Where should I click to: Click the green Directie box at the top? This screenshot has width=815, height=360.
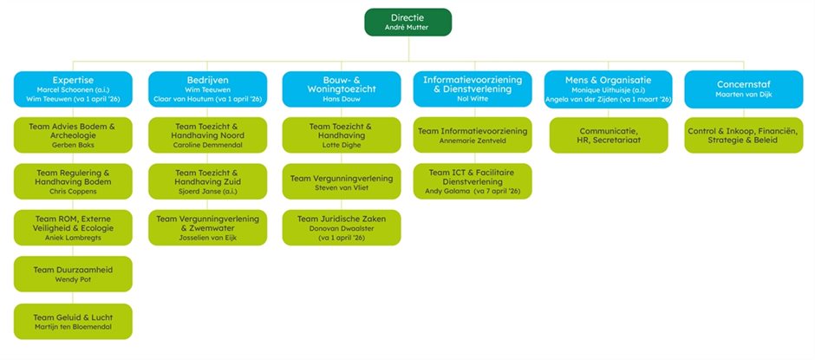pos(407,22)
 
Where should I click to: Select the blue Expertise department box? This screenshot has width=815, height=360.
pos(73,88)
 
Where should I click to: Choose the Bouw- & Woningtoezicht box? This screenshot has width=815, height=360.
pos(341,88)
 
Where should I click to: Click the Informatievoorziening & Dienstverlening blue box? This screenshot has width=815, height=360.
pos(473,88)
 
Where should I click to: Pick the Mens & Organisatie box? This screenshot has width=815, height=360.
pos(607,88)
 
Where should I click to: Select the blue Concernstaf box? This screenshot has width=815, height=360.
pos(742,88)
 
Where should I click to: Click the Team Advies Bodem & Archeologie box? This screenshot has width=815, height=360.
pos(73,134)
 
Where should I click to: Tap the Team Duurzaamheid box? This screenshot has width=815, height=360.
pos(73,273)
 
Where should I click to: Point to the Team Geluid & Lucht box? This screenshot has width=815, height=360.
pos(73,321)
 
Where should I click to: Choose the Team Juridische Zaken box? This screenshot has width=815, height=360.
pos(341,227)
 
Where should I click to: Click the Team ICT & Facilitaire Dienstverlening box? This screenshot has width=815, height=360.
pos(473,180)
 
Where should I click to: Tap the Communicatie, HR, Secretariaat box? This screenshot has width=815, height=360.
pos(607,134)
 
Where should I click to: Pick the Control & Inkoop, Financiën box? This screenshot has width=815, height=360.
pos(742,134)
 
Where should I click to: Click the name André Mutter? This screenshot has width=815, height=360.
pos(407,28)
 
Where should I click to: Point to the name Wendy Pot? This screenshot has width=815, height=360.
pos(73,279)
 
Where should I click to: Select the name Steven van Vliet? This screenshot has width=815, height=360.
pos(341,187)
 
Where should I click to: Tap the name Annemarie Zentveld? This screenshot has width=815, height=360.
pos(473,140)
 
